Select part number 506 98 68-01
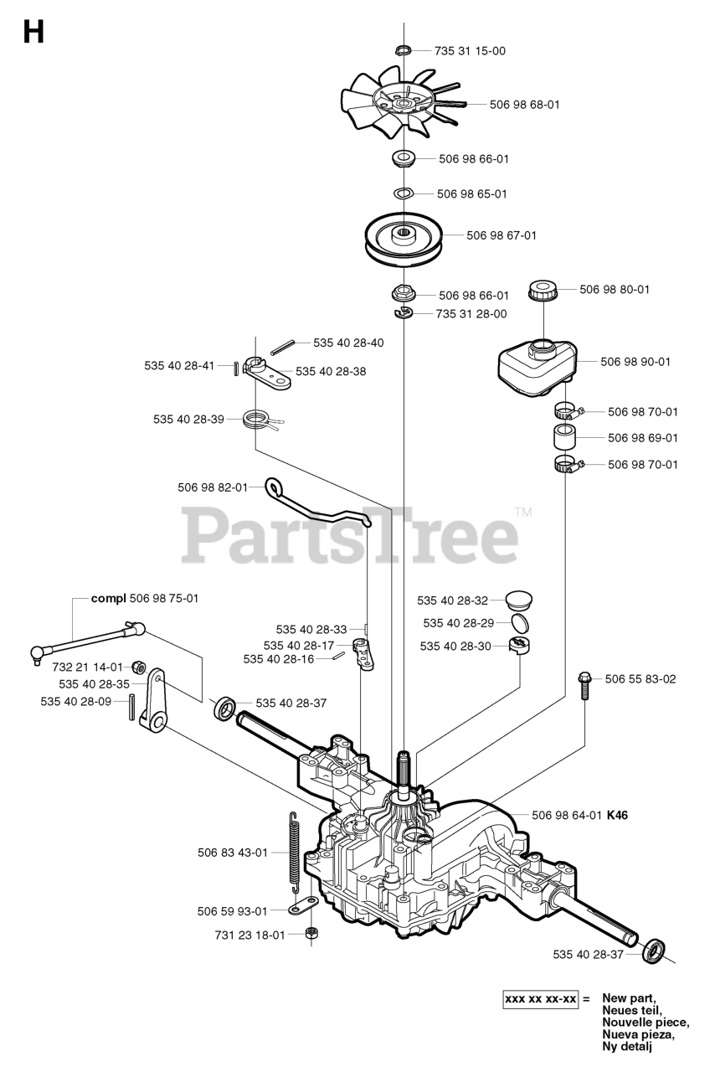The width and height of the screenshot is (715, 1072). (x=524, y=105)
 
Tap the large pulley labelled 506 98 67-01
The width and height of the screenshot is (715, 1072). (x=403, y=235)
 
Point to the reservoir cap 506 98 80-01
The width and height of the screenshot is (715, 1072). (x=543, y=291)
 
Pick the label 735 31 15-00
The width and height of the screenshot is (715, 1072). (x=470, y=50)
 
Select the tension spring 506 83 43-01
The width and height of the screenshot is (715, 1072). (x=293, y=848)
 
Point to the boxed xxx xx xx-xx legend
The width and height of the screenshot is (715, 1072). (x=540, y=999)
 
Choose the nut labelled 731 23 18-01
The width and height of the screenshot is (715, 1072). (x=311, y=933)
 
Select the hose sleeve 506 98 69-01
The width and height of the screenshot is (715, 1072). (x=564, y=437)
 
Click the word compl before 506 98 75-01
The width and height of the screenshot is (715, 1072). (x=107, y=598)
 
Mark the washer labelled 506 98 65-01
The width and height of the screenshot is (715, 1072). (x=402, y=193)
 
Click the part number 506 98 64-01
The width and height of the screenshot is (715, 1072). (x=567, y=814)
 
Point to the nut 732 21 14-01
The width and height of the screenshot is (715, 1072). (x=139, y=667)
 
